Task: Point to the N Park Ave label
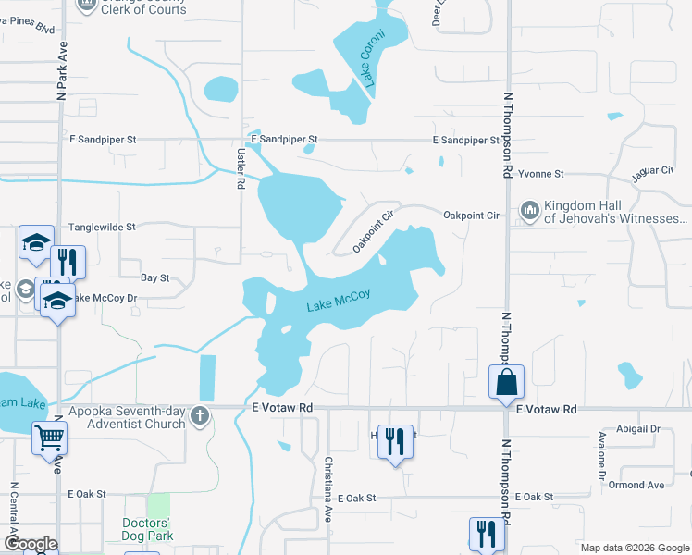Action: click(62, 73)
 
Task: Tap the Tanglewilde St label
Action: click(103, 227)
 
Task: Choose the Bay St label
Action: click(154, 277)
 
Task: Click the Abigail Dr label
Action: click(641, 429)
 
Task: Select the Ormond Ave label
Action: click(636, 485)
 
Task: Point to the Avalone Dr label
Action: click(601, 454)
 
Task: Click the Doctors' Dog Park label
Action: click(148, 529)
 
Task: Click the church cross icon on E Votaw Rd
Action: click(198, 417)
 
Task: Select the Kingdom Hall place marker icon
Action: click(529, 212)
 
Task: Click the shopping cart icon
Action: click(49, 437)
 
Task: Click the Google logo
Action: click(31, 544)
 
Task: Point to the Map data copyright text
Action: click(635, 548)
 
